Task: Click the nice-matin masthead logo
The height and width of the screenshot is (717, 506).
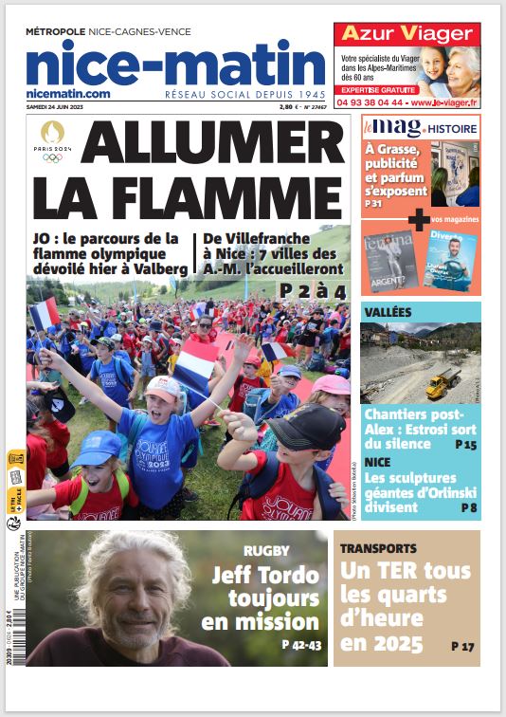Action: pos(175,64)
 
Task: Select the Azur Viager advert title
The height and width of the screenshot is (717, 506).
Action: pos(407,34)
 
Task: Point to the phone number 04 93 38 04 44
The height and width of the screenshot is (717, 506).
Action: pos(369,102)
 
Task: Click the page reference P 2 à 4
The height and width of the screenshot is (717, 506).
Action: pos(312,291)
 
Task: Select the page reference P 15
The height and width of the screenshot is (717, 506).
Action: pos(464,444)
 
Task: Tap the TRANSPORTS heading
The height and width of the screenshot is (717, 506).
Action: pos(379,548)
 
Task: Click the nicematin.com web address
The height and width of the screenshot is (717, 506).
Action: pos(68,93)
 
